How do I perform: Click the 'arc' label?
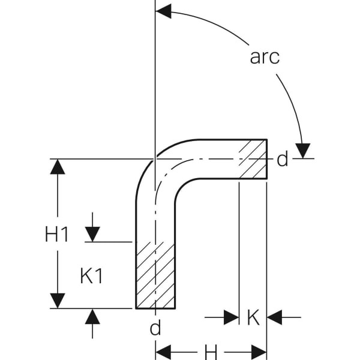tap(265, 57)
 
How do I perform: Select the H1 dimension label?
tap(57, 235)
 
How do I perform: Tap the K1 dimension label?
tap(92, 276)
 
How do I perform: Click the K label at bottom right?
tap(253, 317)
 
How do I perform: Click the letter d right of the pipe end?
tap(283, 160)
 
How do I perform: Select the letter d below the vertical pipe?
tap(155, 328)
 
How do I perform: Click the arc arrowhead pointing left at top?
tap(163, 11)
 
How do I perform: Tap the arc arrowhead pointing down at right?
tap(304, 151)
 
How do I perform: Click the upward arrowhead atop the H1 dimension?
tap(58, 166)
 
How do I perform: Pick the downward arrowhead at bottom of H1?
tap(58, 301)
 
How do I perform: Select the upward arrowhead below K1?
tap(92, 316)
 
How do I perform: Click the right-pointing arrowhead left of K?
tap(231, 317)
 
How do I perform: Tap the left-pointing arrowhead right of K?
tap(275, 317)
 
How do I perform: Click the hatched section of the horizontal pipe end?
tap(253, 159)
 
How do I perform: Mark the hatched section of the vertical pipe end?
tap(155, 275)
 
